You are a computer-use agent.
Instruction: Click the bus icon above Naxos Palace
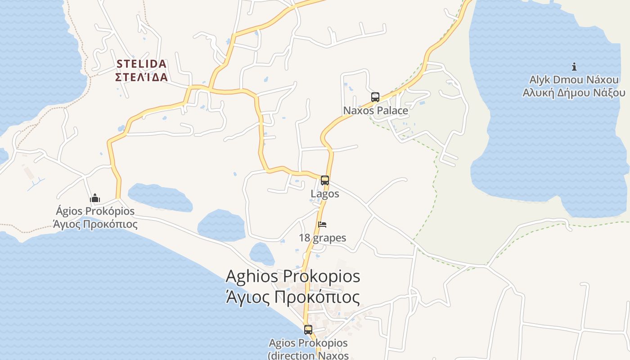point(375,97)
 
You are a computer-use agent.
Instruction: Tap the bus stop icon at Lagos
point(324,180)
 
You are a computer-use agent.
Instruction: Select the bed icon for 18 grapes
point(322,225)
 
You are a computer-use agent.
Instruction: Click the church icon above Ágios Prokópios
point(95,198)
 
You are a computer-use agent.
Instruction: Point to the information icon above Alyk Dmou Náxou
point(574,67)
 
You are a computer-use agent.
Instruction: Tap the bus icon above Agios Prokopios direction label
point(308,330)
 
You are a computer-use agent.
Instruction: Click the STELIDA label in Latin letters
point(141,64)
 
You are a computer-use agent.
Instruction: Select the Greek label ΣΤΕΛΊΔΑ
point(141,77)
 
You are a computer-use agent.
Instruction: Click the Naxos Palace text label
point(375,111)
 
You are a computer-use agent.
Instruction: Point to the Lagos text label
point(324,194)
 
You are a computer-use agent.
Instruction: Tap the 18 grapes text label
point(322,238)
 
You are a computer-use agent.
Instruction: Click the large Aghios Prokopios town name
point(292,276)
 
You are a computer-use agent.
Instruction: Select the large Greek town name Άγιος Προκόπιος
point(292,297)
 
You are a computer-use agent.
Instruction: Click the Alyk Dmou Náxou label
point(574,80)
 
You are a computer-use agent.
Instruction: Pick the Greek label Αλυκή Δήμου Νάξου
point(574,93)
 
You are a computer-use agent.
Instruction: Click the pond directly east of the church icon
point(160,197)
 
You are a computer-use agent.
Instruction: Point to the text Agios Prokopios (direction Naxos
point(308,349)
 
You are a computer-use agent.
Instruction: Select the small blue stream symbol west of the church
point(36,184)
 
